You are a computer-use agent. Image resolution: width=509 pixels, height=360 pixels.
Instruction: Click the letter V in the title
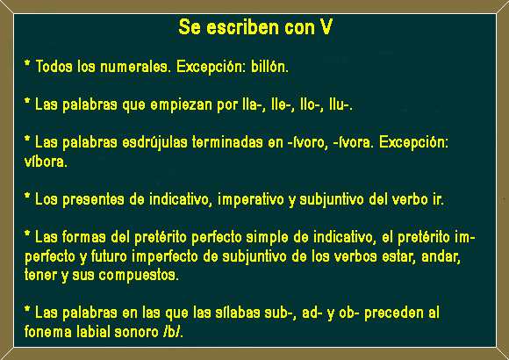pos(326,26)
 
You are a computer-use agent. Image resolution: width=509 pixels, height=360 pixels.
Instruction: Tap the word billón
pos(269,66)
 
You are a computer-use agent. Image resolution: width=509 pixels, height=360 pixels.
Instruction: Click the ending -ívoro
pos(308,142)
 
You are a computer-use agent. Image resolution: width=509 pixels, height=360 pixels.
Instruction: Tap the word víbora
pos(45,162)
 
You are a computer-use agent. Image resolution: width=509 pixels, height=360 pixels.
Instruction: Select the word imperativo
pos(251,199)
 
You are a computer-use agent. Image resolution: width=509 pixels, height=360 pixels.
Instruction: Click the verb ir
pos(438,199)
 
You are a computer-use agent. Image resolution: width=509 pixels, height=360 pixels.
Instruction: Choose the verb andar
pos(441,256)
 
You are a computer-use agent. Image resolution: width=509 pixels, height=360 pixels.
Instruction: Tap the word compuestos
pos(138,276)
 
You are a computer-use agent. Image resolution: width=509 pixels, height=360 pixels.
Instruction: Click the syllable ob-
pos(348,313)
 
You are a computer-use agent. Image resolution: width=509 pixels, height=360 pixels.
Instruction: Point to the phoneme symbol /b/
pos(174,332)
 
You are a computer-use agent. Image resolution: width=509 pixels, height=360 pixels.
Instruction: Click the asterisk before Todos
pos(27,62)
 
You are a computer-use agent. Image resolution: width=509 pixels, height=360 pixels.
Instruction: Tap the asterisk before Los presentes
pos(27,195)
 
